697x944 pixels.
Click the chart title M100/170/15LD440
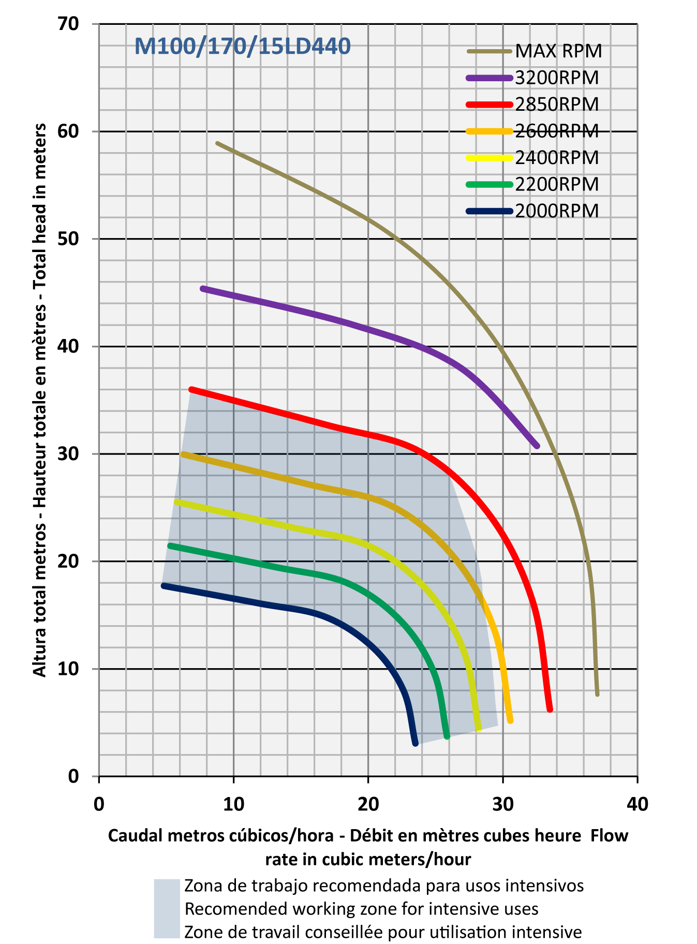242,47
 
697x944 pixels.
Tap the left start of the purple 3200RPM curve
203,288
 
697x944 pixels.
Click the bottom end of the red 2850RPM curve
550,709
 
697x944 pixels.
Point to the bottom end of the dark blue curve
415,743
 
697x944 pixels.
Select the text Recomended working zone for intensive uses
361,909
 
